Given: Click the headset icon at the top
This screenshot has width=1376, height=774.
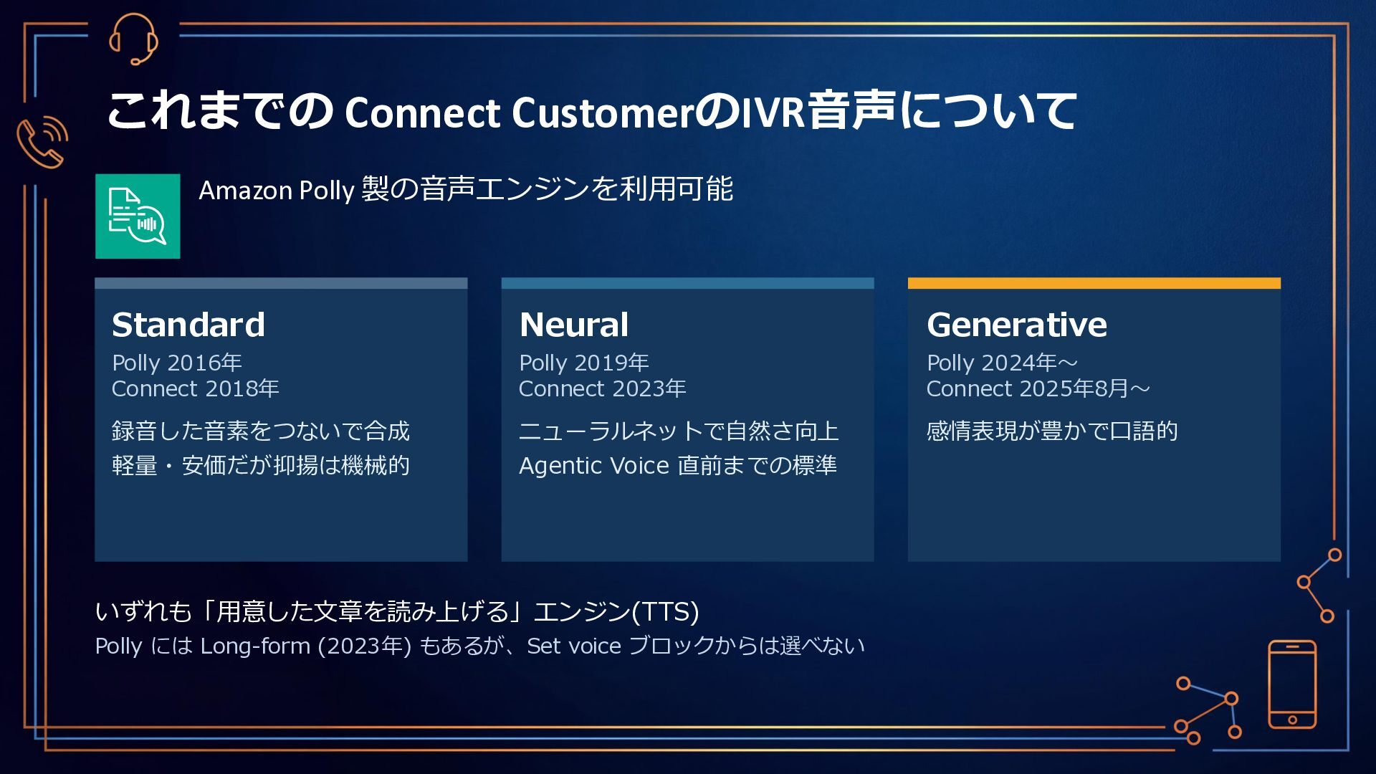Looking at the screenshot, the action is [x=133, y=39].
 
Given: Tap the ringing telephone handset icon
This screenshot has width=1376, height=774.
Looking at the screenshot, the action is [x=42, y=141].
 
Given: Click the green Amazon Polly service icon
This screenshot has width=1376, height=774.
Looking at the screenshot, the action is [x=138, y=216].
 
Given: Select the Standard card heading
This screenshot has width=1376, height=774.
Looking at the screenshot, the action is [x=188, y=325].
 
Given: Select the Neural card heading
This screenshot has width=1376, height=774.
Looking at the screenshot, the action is [x=574, y=325].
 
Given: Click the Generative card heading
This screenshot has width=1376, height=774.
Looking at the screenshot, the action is [x=1016, y=325].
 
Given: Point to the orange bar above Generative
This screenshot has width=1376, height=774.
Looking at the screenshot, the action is [x=1094, y=283].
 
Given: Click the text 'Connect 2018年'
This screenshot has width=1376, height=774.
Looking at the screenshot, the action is [x=195, y=388].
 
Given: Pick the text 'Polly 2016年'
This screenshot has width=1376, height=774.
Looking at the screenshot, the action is [x=177, y=363].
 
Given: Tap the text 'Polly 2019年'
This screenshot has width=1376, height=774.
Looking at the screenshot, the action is [x=584, y=363].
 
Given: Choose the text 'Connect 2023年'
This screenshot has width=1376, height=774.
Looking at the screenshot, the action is [x=602, y=388].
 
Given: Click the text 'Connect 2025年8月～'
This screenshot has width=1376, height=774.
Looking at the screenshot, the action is [x=1038, y=388].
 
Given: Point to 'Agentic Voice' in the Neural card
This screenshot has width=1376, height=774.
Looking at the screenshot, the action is [x=593, y=466].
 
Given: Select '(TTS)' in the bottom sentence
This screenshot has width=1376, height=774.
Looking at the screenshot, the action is [x=665, y=611].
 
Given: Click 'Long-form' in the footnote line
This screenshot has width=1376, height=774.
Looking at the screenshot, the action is [x=255, y=646].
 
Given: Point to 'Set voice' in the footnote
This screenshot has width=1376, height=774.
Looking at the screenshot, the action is [x=573, y=646].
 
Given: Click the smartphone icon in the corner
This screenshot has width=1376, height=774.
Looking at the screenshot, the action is [x=1292, y=684].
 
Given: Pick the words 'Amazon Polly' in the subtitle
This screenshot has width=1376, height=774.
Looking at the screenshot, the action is [x=277, y=191].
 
